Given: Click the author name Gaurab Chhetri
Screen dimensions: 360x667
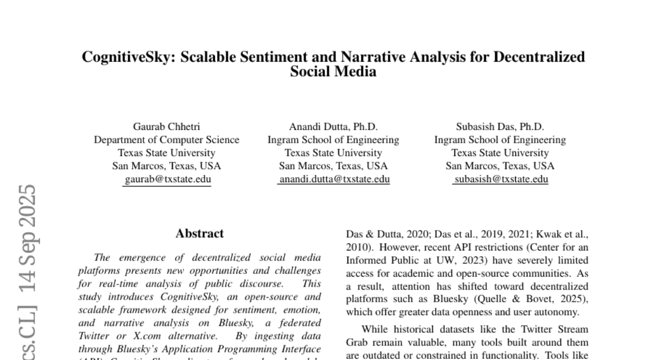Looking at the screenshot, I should coord(166,127).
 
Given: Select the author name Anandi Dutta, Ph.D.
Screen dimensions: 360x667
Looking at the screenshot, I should coord(333,127).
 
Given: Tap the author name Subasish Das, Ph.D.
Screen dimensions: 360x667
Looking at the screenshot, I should coord(500,127).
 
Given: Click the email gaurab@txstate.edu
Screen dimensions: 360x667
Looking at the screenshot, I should coord(167,179).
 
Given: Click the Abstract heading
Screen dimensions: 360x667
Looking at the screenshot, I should coord(200,234).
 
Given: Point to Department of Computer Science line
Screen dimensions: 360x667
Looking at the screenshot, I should coord(166,140).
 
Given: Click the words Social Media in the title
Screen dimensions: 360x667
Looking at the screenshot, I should coord(333,72).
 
